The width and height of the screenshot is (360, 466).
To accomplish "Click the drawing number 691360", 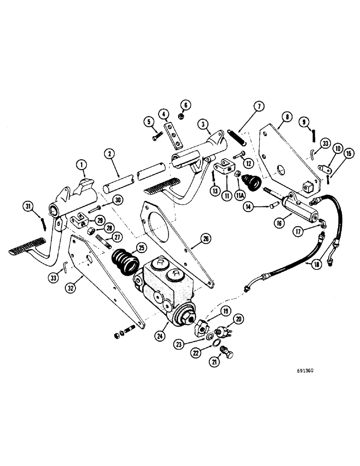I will click(x=305, y=371).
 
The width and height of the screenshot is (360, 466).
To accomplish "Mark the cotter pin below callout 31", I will click(x=43, y=224).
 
